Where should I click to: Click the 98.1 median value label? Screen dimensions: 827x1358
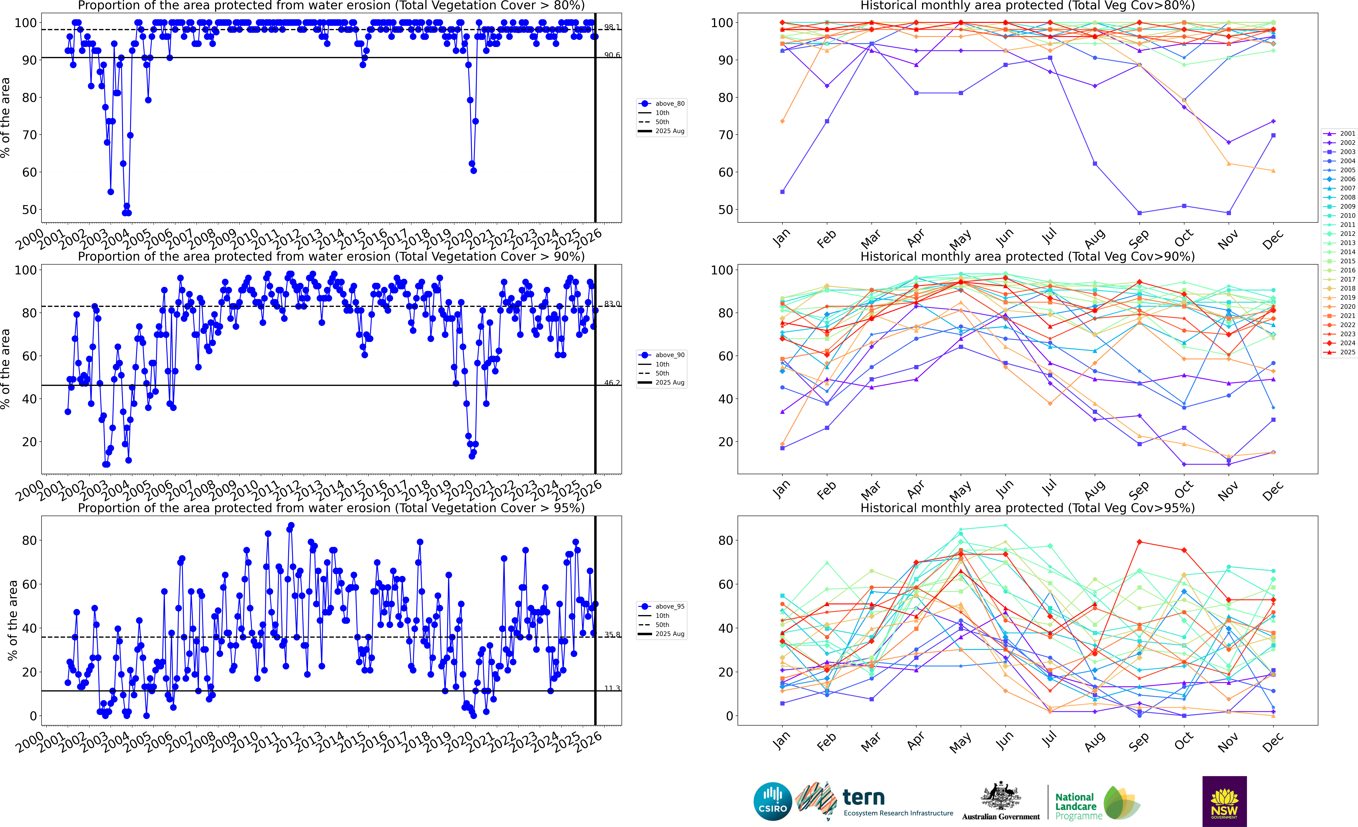pyautogui.click(x=612, y=27)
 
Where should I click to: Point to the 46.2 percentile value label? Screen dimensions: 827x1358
pyautogui.click(x=612, y=383)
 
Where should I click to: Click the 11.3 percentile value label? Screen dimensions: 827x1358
pyautogui.click(x=612, y=688)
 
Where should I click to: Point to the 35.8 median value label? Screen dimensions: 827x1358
pyautogui.click(x=612, y=635)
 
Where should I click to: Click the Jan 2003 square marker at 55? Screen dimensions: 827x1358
pyautogui.click(x=782, y=192)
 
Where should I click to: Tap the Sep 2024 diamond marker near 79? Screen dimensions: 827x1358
pyautogui.click(x=1139, y=542)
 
